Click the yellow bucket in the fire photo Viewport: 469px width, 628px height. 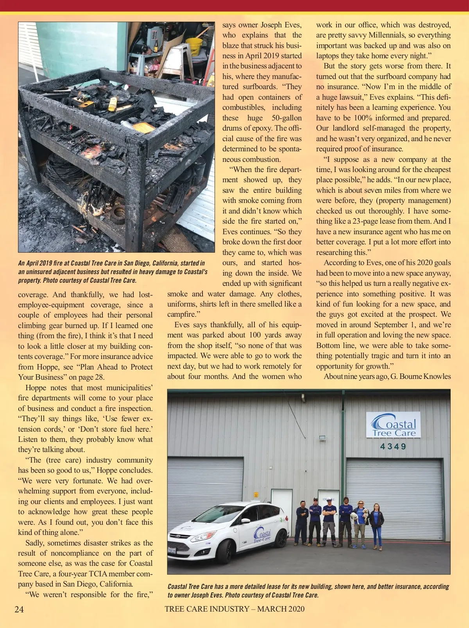(x=194, y=46)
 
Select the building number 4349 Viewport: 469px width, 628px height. (x=393, y=446)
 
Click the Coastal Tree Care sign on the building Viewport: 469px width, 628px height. (x=394, y=425)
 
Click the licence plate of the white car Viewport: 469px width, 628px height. (x=172, y=551)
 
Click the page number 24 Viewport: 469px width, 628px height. (x=19, y=609)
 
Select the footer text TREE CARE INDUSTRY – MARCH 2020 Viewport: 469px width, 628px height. (x=234, y=609)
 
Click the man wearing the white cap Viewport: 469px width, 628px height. (x=329, y=520)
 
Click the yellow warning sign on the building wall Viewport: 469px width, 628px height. (x=256, y=495)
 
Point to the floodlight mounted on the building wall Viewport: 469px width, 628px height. (x=322, y=439)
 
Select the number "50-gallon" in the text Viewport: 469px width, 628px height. (x=286, y=118)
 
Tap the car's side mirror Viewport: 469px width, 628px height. (x=245, y=521)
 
